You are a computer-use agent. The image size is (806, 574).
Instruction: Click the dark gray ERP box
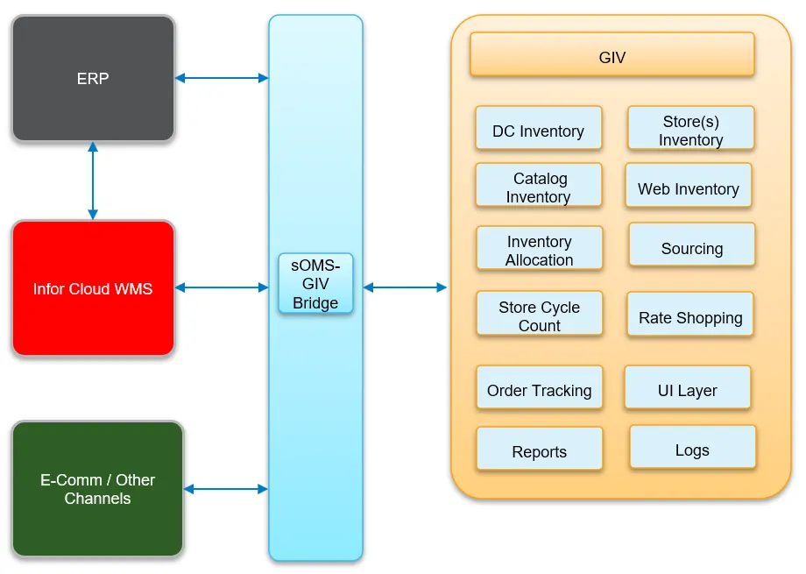click(x=93, y=78)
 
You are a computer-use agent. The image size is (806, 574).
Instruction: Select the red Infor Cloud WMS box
click(x=93, y=288)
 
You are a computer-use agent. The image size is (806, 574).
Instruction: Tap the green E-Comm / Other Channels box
click(x=97, y=489)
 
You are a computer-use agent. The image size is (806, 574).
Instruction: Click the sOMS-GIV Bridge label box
click(x=315, y=284)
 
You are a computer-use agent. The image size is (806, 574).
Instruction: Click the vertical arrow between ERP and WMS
click(x=93, y=181)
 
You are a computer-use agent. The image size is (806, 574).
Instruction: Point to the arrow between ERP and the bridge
click(x=222, y=78)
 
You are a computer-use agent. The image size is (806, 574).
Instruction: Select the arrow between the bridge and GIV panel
click(x=405, y=287)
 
